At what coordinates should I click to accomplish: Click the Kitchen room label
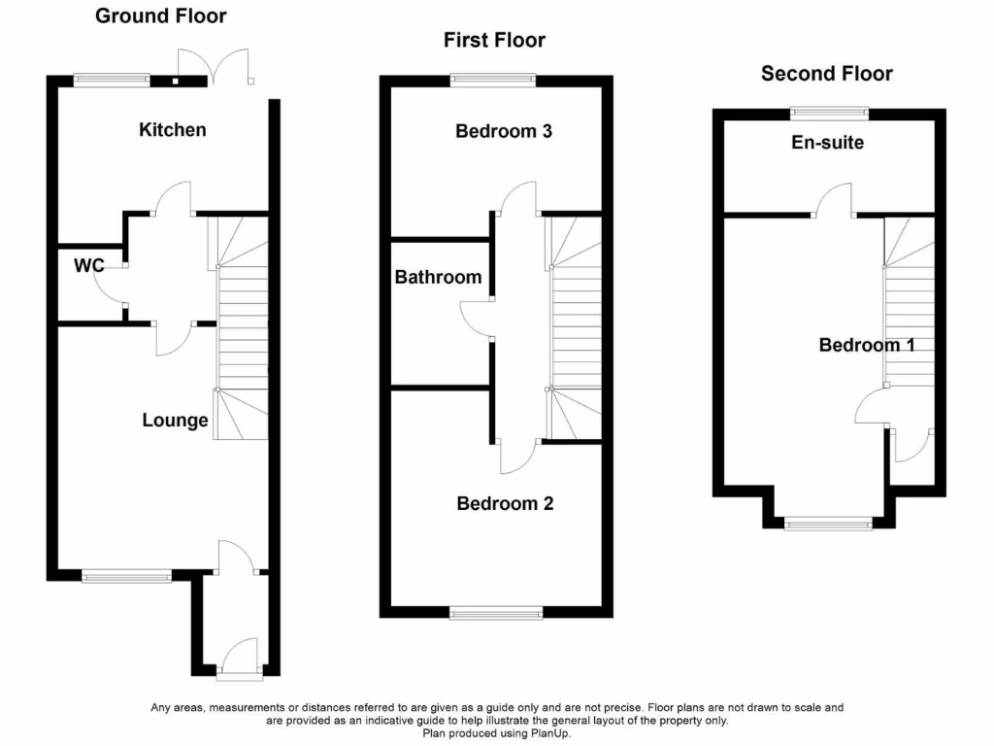coord(173,129)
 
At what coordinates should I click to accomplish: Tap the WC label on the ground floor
coord(88,264)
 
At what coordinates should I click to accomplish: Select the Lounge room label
coord(175,421)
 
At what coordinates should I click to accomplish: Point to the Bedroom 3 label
coord(504,130)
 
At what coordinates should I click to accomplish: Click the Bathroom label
coord(438,277)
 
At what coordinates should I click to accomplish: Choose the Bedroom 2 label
coord(505,503)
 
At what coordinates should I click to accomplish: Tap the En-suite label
coord(827,143)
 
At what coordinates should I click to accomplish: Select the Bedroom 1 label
coord(866,345)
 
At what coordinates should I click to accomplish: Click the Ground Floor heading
coord(161,16)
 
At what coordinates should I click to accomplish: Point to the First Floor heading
coord(494,40)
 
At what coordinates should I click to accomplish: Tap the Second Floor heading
coord(827,74)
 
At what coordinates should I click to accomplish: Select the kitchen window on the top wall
coord(113,82)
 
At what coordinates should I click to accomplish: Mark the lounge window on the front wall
coord(126,577)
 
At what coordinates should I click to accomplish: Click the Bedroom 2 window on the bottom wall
coord(497,612)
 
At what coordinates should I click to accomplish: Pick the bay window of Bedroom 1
coord(828,524)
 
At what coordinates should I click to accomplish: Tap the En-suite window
coord(828,112)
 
